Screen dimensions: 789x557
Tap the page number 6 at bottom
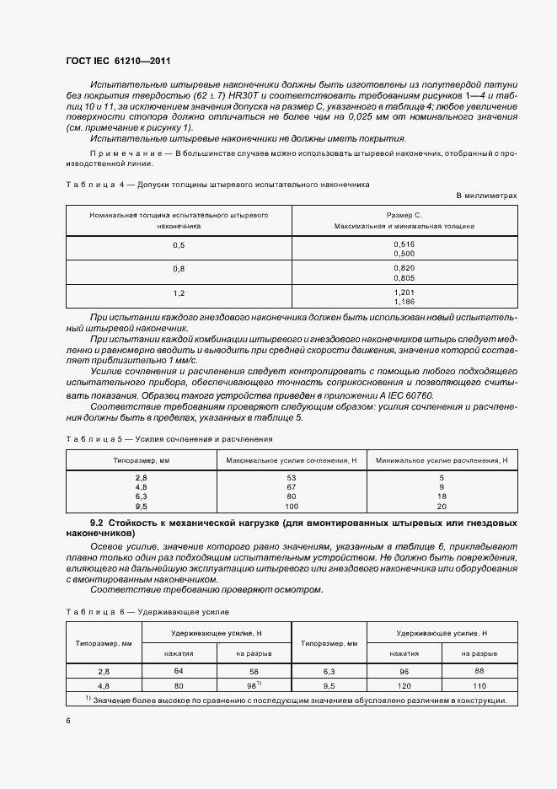(x=67, y=721)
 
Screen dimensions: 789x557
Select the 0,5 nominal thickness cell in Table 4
(x=179, y=244)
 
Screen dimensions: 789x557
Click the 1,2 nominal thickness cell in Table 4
(x=179, y=292)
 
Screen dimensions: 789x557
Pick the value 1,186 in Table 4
(x=404, y=301)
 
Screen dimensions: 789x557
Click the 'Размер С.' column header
(x=404, y=215)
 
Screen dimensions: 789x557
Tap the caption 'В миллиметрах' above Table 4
(x=486, y=195)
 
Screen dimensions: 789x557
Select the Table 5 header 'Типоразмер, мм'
(x=142, y=460)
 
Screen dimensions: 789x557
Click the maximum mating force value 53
(x=292, y=478)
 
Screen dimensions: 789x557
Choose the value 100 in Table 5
(x=292, y=506)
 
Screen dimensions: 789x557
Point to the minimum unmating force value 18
(x=442, y=496)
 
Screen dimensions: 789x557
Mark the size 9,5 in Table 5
(x=141, y=506)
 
